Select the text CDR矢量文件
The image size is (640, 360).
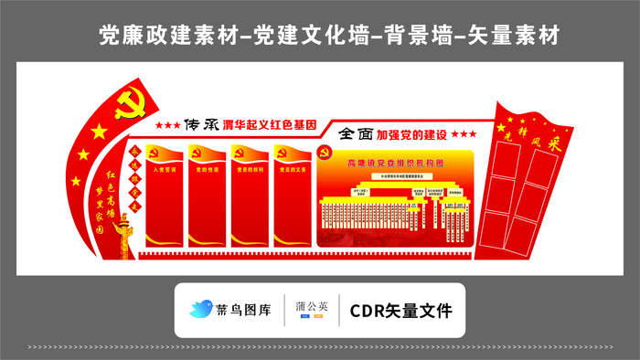pos(400,310)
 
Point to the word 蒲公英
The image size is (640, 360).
pos(311,305)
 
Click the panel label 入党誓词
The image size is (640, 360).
pos(164,170)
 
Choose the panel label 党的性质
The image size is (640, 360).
pos(206,170)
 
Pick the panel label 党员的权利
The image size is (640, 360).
pos(250,170)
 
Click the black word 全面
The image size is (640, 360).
pos(355,133)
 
